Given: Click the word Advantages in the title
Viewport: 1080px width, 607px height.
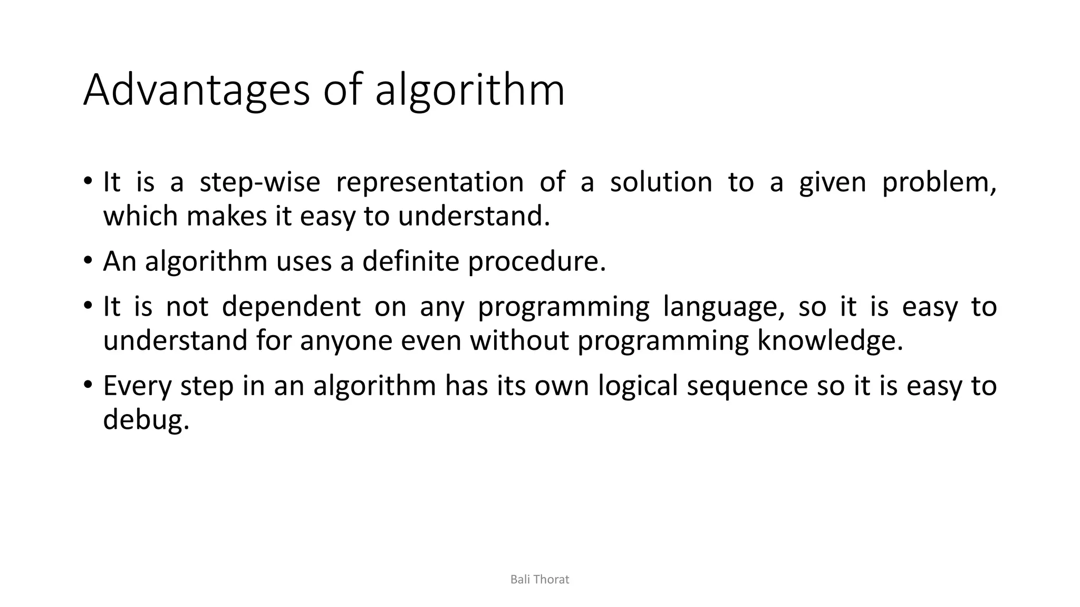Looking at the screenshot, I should pyautogui.click(x=196, y=91).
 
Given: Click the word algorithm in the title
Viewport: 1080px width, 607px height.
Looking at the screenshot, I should pyautogui.click(x=469, y=91).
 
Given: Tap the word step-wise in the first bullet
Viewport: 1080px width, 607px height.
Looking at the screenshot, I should pyautogui.click(x=259, y=183).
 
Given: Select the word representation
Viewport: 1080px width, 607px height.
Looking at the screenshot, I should pyautogui.click(x=429, y=183).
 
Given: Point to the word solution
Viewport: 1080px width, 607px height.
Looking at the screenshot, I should pyautogui.click(x=661, y=183).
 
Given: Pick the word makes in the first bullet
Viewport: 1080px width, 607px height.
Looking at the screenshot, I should pyautogui.click(x=227, y=217).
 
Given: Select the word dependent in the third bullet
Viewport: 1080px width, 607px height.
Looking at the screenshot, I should pyautogui.click(x=291, y=307).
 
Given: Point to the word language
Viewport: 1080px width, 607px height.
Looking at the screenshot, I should pyautogui.click(x=722, y=307).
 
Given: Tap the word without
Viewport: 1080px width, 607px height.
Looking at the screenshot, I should pyautogui.click(x=519, y=341).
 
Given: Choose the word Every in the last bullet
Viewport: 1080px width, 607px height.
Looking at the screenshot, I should pyautogui.click(x=137, y=386).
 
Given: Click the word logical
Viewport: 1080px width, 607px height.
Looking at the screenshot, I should pyautogui.click(x=637, y=386).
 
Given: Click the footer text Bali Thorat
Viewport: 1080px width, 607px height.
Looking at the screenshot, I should pyautogui.click(x=539, y=580).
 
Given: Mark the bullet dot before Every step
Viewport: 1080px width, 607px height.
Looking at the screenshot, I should pyautogui.click(x=88, y=385).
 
